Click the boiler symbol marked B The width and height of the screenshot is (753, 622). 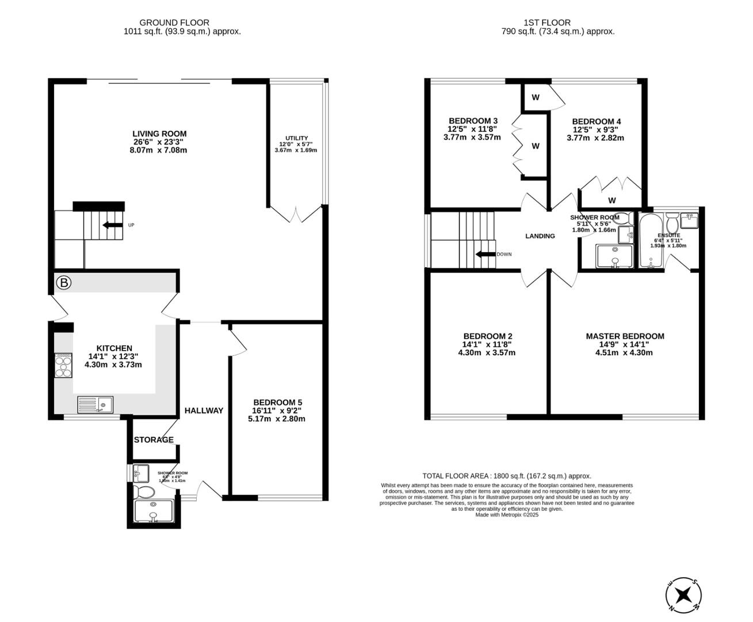pyautogui.click(x=64, y=283)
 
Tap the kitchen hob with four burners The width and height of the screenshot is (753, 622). pyautogui.click(x=63, y=365)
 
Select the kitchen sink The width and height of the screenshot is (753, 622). pyautogui.click(x=95, y=405)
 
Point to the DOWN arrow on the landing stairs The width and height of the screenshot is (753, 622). pyautogui.click(x=486, y=254)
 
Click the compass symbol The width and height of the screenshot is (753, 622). pyautogui.click(x=683, y=594)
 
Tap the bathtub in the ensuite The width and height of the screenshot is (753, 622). pyautogui.click(x=650, y=241)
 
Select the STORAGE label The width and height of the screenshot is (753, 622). pyautogui.click(x=154, y=440)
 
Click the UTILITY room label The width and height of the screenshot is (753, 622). pyautogui.click(x=297, y=138)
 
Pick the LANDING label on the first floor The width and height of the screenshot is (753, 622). pyautogui.click(x=540, y=236)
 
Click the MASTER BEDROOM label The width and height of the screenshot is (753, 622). pyautogui.click(x=625, y=336)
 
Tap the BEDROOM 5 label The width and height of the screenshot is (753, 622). pyautogui.click(x=277, y=403)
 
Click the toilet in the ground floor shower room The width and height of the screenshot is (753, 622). pyautogui.click(x=143, y=492)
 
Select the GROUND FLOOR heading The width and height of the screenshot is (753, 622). pyautogui.click(x=182, y=22)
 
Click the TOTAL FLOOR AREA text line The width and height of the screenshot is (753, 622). pyautogui.click(x=507, y=476)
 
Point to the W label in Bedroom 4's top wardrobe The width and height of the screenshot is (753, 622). pyautogui.click(x=536, y=97)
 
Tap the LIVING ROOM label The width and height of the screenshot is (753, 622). pyautogui.click(x=159, y=134)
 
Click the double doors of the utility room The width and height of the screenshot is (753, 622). pyautogui.click(x=297, y=214)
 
